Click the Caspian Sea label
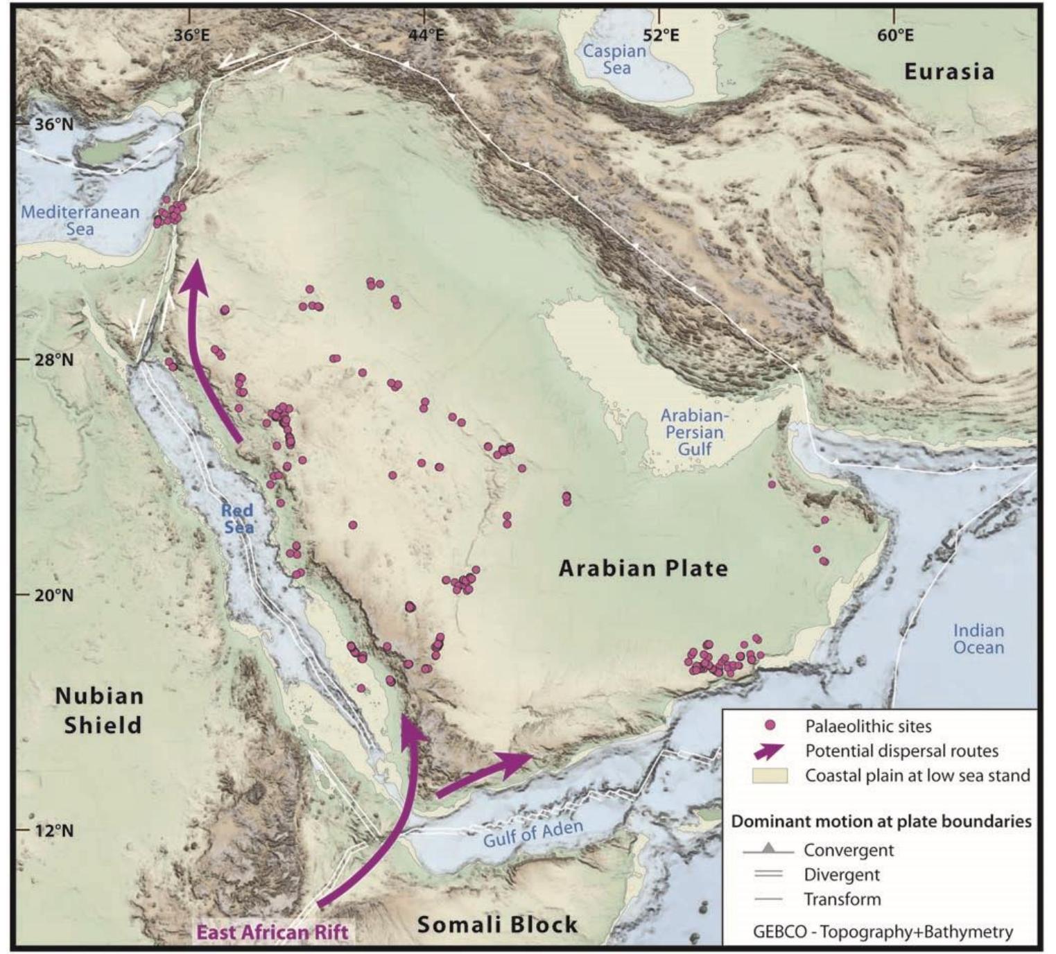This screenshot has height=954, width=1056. [x=615, y=59]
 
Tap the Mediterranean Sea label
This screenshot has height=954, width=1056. [x=80, y=220]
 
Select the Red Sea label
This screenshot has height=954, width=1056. [x=238, y=519]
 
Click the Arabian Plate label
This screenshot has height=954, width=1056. [x=643, y=569]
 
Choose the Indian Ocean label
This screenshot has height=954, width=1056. [x=978, y=639]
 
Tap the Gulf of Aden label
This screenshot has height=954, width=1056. [x=533, y=832]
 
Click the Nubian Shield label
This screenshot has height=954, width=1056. [x=99, y=710]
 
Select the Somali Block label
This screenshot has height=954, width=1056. [x=497, y=924]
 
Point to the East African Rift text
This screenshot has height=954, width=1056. [x=272, y=932]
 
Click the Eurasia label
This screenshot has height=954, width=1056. [x=949, y=71]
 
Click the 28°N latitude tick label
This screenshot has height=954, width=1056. [x=54, y=359]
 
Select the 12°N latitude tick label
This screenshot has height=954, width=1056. [x=54, y=830]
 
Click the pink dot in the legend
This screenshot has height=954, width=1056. [x=769, y=726]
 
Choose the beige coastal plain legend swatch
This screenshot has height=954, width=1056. [x=770, y=775]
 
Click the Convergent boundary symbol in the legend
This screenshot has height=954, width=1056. [x=768, y=849]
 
